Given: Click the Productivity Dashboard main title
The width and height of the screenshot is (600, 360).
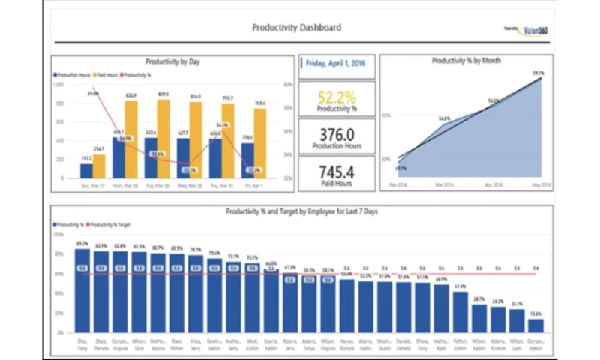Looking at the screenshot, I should pos(296,28).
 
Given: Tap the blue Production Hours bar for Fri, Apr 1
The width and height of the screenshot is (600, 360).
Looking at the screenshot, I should pos(248,161).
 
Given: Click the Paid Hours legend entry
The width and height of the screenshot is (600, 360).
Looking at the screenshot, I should pos(106,75).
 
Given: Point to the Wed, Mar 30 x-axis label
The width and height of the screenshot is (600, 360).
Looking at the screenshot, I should pos(189,184).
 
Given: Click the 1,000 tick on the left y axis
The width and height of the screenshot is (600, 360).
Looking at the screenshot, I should pos(58,84).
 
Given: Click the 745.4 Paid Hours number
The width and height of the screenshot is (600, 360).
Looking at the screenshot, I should pos(337,171).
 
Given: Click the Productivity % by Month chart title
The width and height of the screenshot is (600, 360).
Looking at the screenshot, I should pos(466,61).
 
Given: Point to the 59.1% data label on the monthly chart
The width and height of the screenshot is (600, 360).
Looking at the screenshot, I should pos(538,73).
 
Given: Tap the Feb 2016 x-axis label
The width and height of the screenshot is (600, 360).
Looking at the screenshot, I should pos(398,184).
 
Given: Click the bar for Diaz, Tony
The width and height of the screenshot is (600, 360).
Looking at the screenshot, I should pos(82,289).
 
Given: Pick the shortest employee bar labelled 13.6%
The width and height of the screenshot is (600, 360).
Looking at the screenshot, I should pos(535,325).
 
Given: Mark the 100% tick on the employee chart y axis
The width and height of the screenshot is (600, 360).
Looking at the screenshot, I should pos(58,235).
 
